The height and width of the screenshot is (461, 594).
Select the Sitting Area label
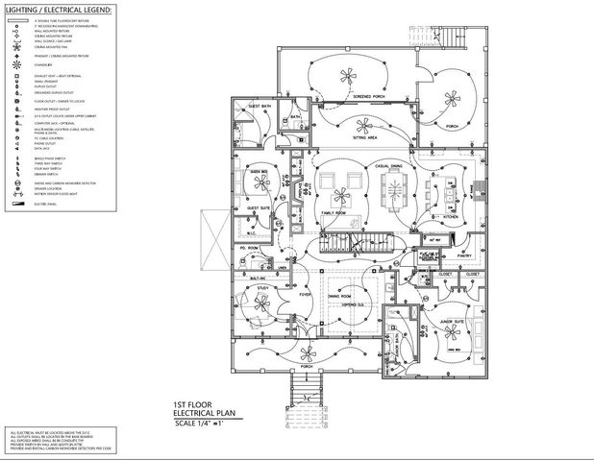click(x=363, y=138)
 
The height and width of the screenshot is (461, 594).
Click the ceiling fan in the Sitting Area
click(x=363, y=123)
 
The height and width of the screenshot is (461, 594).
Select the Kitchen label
click(x=449, y=216)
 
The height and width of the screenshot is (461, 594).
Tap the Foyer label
click(x=305, y=294)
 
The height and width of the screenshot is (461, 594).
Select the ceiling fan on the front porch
click(x=307, y=354)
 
